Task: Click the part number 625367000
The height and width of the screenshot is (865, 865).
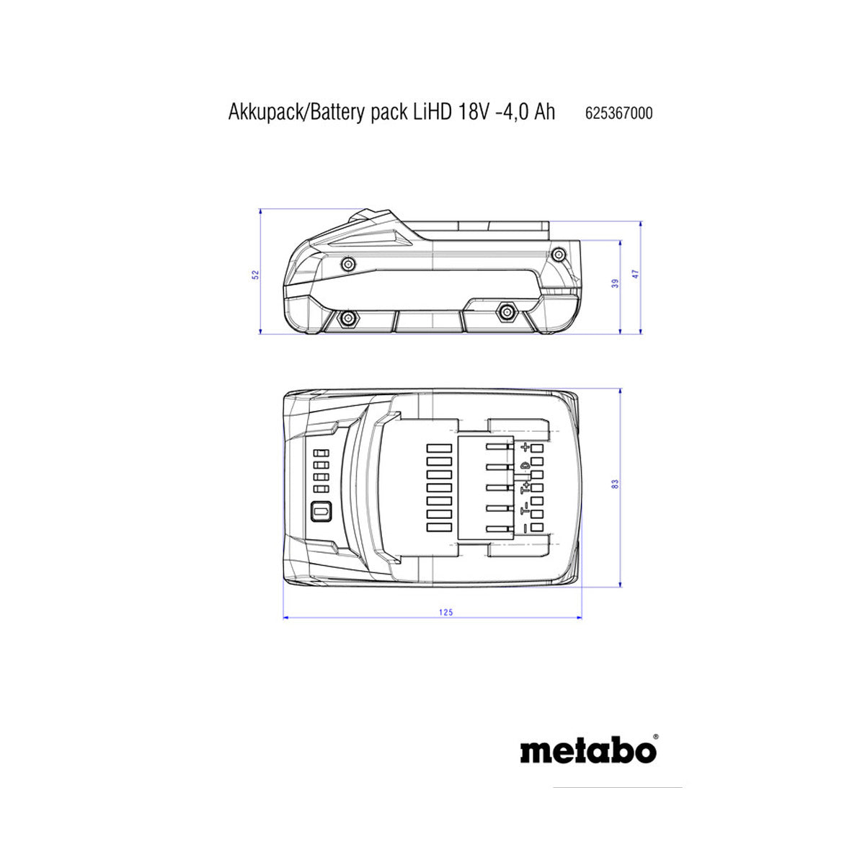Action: pos(618,113)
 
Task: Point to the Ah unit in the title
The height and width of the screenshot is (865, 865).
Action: pos(544,112)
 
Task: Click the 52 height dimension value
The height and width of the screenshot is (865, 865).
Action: pos(255,274)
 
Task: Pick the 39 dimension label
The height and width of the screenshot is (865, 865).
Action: pos(616,283)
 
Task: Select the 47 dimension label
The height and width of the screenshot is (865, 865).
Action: pos(636,274)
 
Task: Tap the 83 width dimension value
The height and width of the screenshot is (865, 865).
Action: pos(616,484)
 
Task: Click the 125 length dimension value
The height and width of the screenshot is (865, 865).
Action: pos(445,612)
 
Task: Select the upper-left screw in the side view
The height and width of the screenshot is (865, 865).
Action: pos(348,264)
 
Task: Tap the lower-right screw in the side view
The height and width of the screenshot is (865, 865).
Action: pos(506,311)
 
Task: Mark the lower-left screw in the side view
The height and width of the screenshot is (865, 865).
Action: pos(348,319)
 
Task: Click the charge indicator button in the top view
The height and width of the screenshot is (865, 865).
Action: pos(321,511)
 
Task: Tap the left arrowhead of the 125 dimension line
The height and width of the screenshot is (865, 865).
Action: pos(286,618)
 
